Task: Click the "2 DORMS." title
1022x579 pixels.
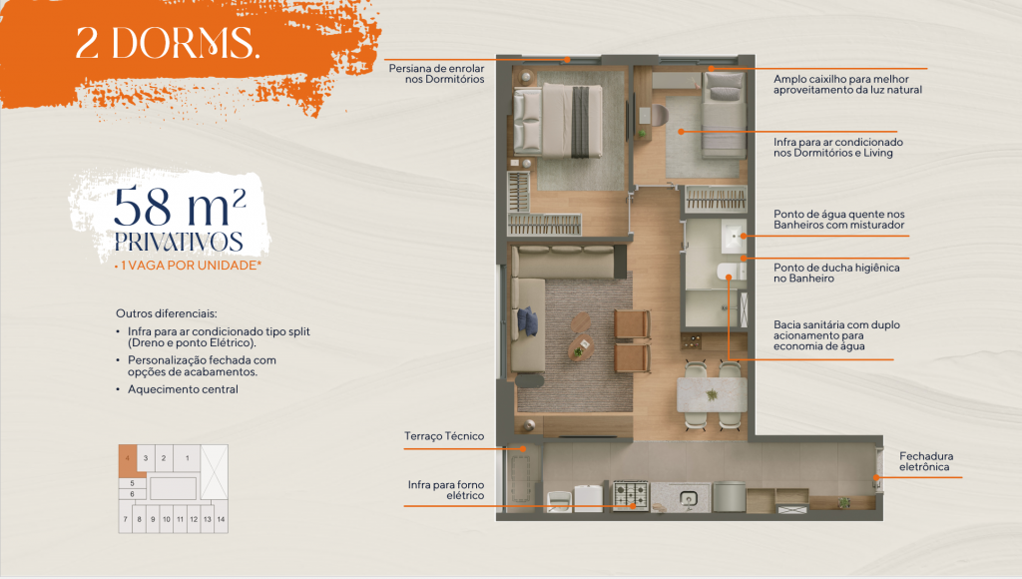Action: (x=168, y=43)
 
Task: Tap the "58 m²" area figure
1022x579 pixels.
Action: (x=180, y=206)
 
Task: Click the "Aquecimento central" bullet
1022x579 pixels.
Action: (x=183, y=389)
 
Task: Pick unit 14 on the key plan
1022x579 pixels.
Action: (x=221, y=519)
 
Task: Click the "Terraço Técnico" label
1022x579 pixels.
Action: (x=444, y=436)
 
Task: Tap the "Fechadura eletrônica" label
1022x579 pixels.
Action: (x=926, y=461)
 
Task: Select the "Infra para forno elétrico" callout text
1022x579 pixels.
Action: (x=446, y=490)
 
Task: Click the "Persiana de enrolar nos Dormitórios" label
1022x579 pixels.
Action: (x=437, y=74)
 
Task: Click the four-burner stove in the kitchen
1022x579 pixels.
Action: (x=631, y=495)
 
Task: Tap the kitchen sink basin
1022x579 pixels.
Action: (x=689, y=499)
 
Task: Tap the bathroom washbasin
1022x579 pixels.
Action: (x=735, y=236)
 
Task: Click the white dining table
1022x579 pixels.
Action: (x=712, y=394)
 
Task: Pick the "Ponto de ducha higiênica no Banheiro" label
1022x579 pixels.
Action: (x=836, y=274)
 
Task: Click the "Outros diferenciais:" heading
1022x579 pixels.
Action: (x=167, y=313)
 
